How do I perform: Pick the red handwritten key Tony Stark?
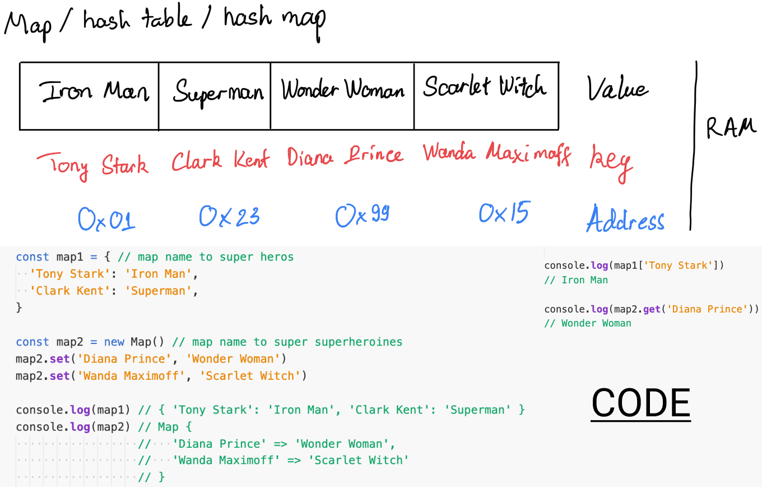point(93,166)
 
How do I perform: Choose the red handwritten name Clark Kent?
point(220,160)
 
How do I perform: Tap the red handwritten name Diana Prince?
point(345,156)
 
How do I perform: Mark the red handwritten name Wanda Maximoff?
point(496,154)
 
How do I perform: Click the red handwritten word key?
point(611,163)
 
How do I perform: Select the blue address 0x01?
point(106,219)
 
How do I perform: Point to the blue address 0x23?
point(229,217)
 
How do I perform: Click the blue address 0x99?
point(362,215)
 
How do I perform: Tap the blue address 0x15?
point(504,213)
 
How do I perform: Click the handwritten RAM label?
point(731,128)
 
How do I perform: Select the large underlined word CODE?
point(640,403)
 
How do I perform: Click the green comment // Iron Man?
point(576,280)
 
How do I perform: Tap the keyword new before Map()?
point(114,342)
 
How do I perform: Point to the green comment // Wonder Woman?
point(588,323)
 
